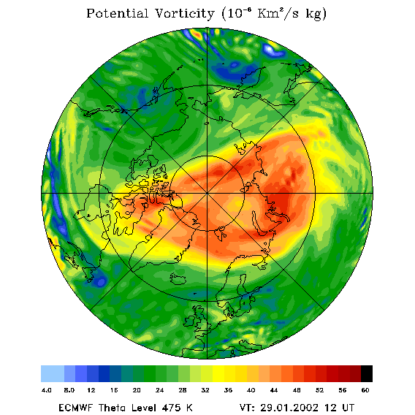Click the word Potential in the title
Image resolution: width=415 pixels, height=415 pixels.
(x=117, y=13)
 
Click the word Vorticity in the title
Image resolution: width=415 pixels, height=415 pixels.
(x=184, y=13)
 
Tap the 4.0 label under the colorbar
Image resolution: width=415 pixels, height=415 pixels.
(x=47, y=390)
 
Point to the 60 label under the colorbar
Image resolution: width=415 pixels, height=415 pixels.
(x=365, y=390)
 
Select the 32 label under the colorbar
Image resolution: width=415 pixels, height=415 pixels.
(x=205, y=390)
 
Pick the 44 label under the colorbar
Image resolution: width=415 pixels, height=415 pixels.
(x=274, y=390)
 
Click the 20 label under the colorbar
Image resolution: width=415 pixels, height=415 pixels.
(x=137, y=390)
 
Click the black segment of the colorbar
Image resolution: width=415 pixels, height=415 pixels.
(x=367, y=373)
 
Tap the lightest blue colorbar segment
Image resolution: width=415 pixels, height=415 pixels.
(x=53, y=373)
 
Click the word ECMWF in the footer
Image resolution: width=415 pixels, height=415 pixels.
(x=75, y=408)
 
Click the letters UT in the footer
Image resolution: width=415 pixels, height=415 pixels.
(x=347, y=408)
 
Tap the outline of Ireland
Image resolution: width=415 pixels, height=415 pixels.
(x=189, y=321)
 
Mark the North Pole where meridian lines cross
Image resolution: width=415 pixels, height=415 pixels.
(x=207, y=194)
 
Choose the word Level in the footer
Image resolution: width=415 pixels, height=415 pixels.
(x=144, y=408)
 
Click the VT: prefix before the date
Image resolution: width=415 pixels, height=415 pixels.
(x=247, y=408)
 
